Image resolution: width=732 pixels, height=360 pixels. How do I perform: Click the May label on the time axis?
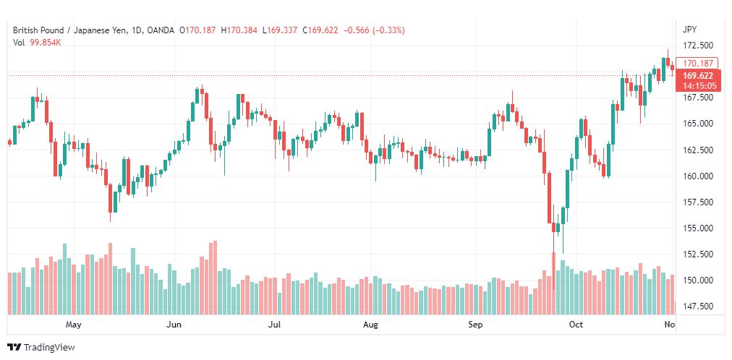click(73, 325)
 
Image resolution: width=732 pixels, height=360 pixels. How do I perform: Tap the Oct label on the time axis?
click(576, 325)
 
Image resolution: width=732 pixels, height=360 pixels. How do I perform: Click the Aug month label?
click(370, 325)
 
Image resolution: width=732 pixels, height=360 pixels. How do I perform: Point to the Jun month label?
click(174, 325)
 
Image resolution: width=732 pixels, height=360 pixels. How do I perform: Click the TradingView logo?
click(41, 348)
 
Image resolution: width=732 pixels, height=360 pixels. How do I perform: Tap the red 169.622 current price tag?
click(698, 76)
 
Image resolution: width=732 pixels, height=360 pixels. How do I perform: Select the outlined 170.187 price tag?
click(698, 63)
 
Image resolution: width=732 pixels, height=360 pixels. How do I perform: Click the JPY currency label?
click(689, 30)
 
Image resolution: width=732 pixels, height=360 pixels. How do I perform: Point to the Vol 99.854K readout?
click(38, 43)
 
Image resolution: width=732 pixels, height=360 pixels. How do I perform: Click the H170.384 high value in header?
click(239, 30)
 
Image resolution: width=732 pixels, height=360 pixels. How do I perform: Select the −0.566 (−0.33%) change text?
click(375, 30)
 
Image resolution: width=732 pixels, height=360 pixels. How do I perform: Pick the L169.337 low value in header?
click(280, 30)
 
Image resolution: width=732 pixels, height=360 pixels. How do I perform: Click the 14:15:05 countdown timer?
click(699, 86)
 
